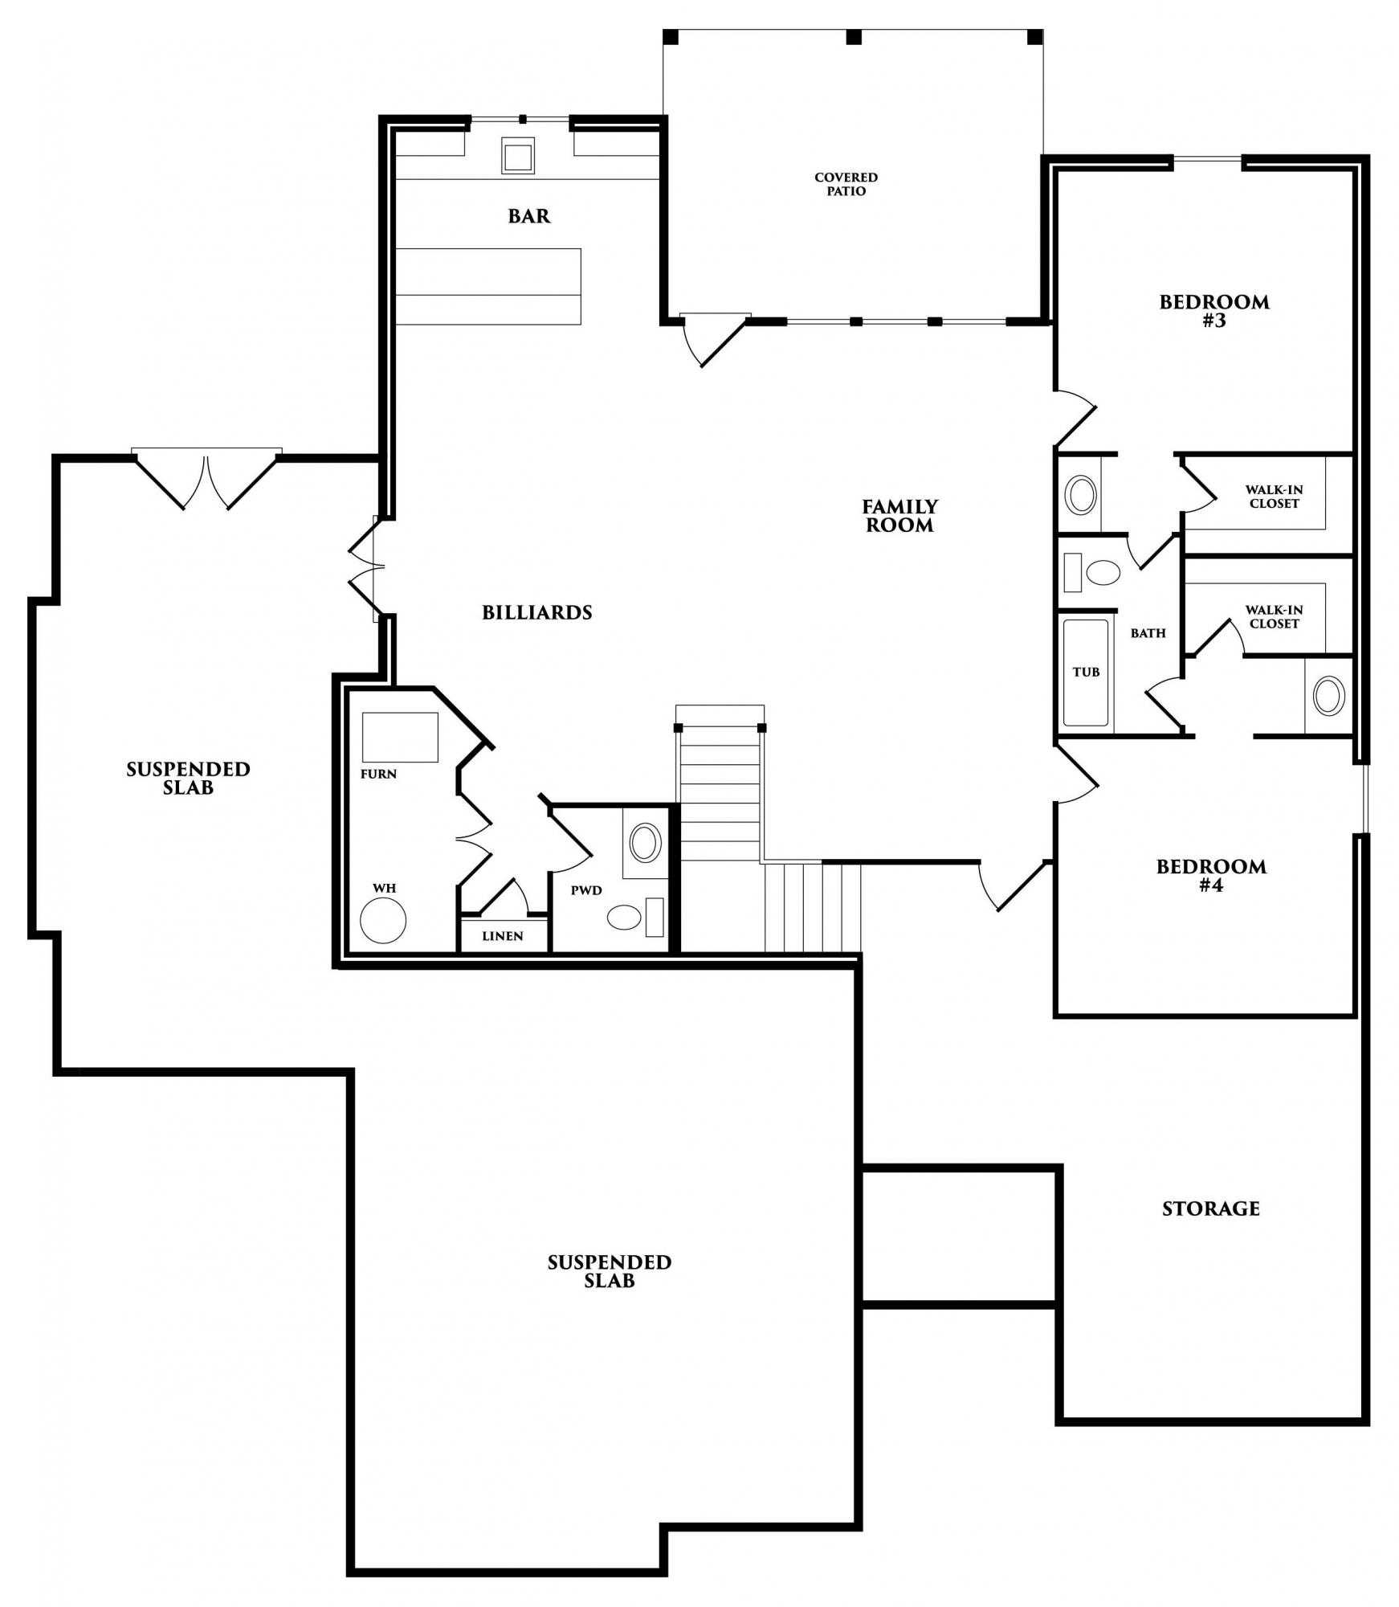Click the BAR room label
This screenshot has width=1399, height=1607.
[529, 216]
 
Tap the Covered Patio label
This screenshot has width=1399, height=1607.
[846, 184]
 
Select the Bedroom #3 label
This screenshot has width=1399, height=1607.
[1214, 312]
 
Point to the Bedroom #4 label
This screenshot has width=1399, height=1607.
[1211, 876]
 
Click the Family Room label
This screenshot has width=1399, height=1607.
[900, 516]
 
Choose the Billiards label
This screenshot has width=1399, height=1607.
[537, 612]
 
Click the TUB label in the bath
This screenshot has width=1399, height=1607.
[1086, 672]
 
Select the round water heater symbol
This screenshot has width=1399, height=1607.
[383, 920]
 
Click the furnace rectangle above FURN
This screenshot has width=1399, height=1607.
[400, 737]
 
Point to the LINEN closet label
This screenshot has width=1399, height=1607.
[503, 936]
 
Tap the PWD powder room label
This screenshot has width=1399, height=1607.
[586, 890]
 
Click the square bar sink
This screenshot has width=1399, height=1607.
[518, 155]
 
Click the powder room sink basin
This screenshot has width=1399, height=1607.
[646, 843]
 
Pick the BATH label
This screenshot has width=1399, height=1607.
[1148, 633]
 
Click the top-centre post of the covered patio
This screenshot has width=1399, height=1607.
[854, 37]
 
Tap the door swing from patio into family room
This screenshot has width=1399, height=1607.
[707, 341]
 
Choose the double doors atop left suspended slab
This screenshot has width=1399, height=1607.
[207, 479]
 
